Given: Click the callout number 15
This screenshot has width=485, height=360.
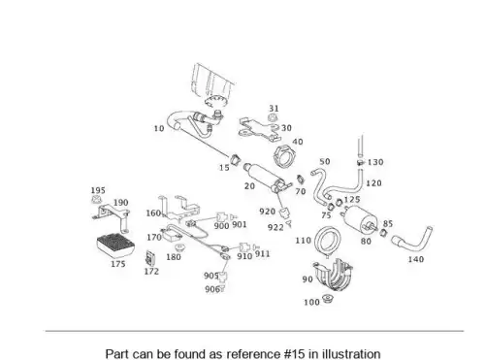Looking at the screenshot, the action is click(x=224, y=168).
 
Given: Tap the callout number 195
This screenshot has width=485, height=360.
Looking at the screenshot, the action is click(x=98, y=190).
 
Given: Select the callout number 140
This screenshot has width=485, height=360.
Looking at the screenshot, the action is click(x=416, y=259).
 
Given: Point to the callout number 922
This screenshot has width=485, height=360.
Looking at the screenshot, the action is click(x=275, y=227).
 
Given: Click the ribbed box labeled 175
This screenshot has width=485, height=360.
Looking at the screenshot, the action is click(x=115, y=245).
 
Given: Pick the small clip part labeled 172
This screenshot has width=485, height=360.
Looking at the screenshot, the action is click(x=150, y=257).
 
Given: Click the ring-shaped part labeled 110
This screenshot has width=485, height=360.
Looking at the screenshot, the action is click(x=328, y=242).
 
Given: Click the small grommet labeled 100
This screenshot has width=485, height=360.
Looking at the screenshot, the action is click(x=328, y=299).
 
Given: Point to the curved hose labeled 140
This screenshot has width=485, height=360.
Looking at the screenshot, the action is click(x=412, y=241).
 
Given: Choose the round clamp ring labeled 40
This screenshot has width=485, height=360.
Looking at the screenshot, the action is click(x=285, y=157).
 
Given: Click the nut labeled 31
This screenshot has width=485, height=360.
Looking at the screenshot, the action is click(x=274, y=117).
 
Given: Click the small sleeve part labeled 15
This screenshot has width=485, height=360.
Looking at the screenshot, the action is click(x=236, y=159).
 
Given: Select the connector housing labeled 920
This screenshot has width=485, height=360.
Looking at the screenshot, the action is click(x=284, y=213).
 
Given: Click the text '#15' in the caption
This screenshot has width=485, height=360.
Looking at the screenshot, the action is click(x=295, y=354).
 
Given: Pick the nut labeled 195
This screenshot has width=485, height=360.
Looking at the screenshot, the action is click(x=96, y=200).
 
